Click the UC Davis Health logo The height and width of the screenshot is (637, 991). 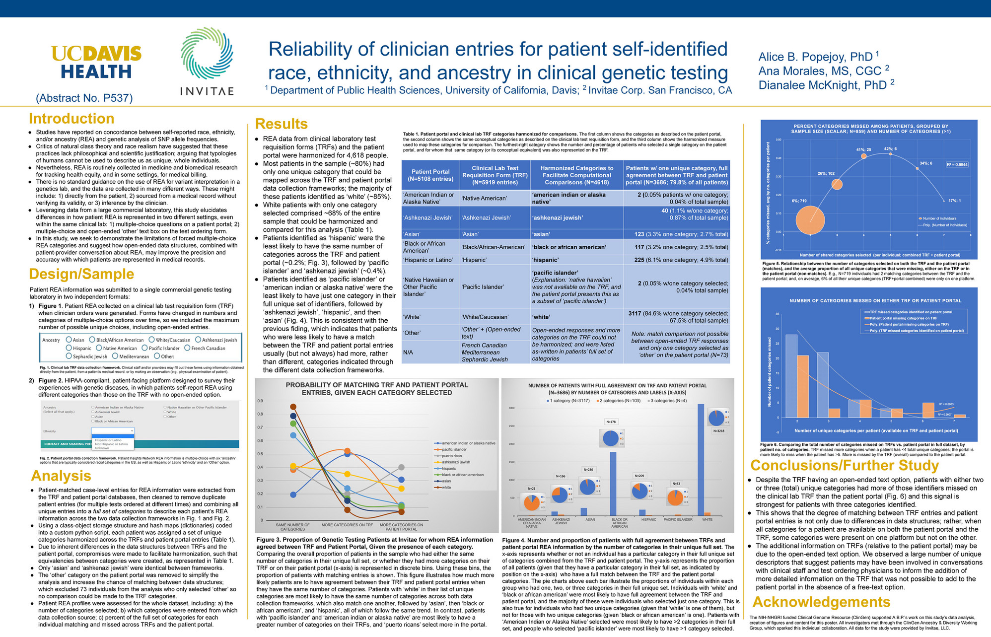pos(96,62)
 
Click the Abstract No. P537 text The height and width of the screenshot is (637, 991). pos(84,98)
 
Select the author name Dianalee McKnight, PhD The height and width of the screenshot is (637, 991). pos(822,85)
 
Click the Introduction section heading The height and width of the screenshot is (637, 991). pos(71,119)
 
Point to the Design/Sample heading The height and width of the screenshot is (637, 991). pos(81,274)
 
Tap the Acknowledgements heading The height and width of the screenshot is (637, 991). pos(821,602)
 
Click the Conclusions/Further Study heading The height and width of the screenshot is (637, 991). pos(844,465)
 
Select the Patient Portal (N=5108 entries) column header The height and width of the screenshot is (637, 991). pos(430,175)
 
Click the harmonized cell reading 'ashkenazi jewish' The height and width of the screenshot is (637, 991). pos(558,217)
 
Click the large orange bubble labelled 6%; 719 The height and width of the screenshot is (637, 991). pos(810,220)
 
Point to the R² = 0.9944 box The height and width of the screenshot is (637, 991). pos(957,164)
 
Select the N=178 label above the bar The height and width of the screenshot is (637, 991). pos(611,422)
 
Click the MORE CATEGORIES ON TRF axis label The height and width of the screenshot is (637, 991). pos(347,525)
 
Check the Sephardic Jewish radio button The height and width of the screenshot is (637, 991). pos(69,356)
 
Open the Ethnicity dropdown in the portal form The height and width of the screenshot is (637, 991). pos(113,431)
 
